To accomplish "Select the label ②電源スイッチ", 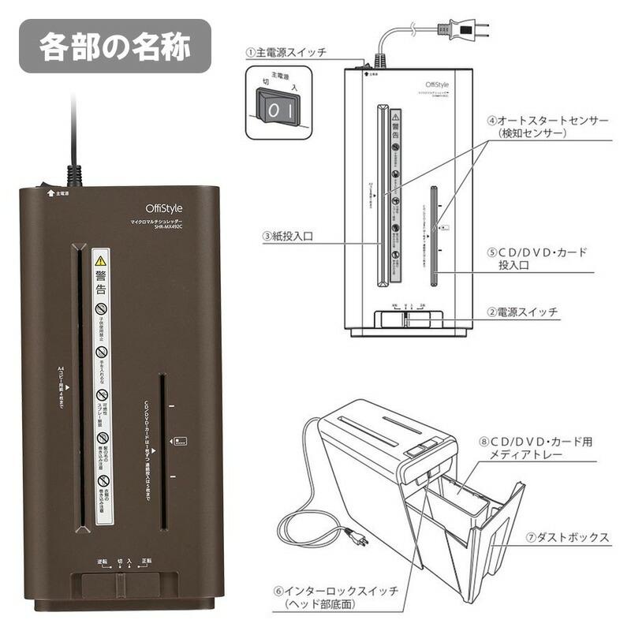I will [521, 312].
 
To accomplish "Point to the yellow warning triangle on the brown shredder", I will [100, 260].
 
